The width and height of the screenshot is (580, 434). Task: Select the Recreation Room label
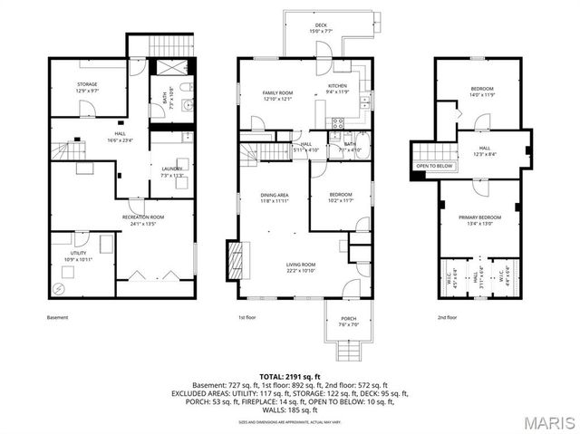143,218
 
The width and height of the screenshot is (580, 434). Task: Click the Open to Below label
434,167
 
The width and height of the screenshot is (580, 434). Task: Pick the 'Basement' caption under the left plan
57,317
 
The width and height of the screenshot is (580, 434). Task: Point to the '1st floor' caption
247,317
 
